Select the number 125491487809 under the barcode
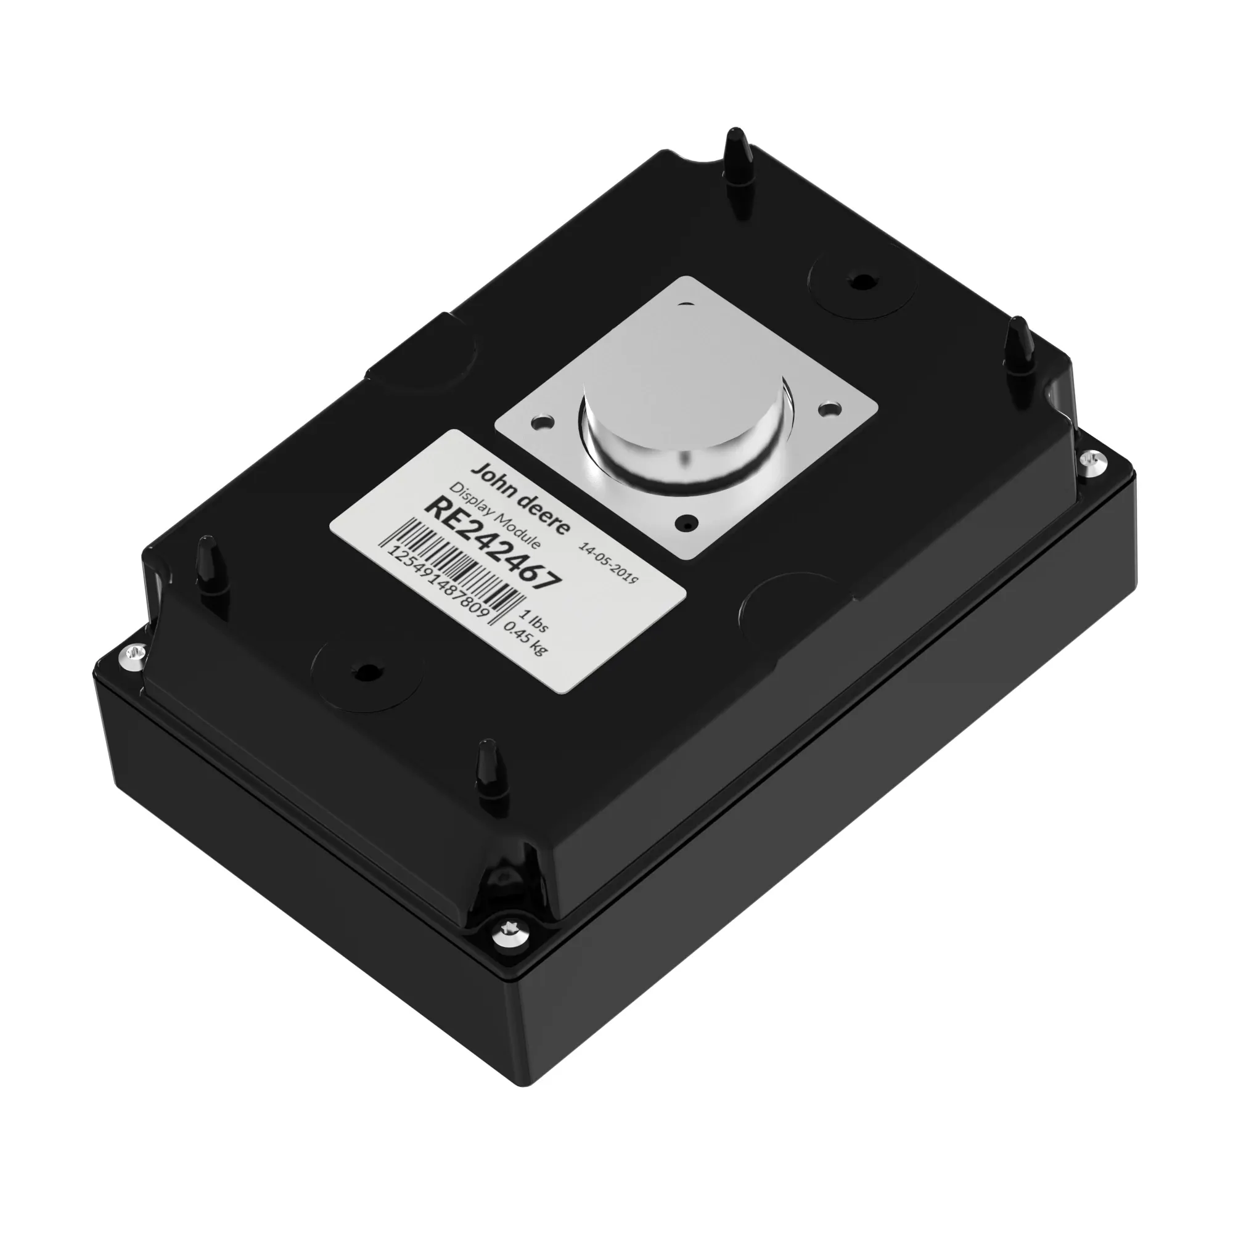(x=438, y=581)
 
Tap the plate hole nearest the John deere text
(x=542, y=422)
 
